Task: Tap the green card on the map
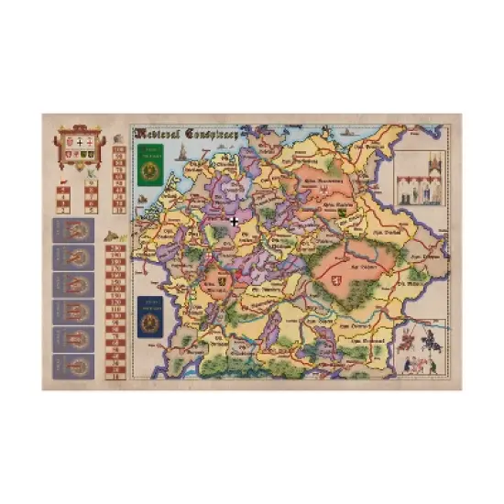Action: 148,164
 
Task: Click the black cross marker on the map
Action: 236,220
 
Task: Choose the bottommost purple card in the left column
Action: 72,365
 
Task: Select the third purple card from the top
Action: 72,285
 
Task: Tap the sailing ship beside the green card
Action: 186,148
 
